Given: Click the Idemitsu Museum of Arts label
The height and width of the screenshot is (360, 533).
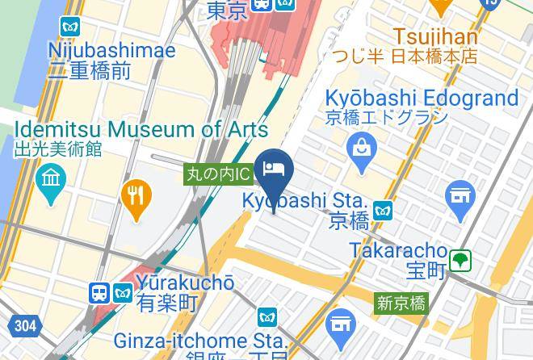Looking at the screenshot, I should pyautogui.click(x=141, y=129).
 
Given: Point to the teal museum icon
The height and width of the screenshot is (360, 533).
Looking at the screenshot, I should pyautogui.click(x=50, y=178).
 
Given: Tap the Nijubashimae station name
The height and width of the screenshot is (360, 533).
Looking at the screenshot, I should pyautogui.click(x=111, y=51).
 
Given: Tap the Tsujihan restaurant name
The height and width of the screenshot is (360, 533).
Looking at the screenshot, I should pyautogui.click(x=434, y=36).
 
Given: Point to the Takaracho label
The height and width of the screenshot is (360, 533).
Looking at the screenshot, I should pyautogui.click(x=398, y=249).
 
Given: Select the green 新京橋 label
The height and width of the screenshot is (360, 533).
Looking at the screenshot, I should pyautogui.click(x=401, y=303).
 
